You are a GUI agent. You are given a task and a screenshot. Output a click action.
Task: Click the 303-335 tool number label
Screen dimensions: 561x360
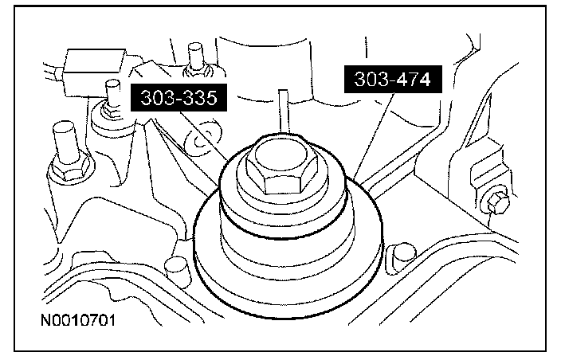pos(178,98)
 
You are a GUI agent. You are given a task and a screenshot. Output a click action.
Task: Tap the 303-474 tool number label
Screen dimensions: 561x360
pos(393,79)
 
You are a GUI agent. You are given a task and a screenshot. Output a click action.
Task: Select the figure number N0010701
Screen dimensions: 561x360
pos(78,320)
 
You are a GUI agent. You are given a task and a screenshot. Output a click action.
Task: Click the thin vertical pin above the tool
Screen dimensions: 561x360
pos(284,112)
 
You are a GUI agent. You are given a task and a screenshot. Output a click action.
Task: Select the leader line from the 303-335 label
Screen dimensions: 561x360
pos(204,136)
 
